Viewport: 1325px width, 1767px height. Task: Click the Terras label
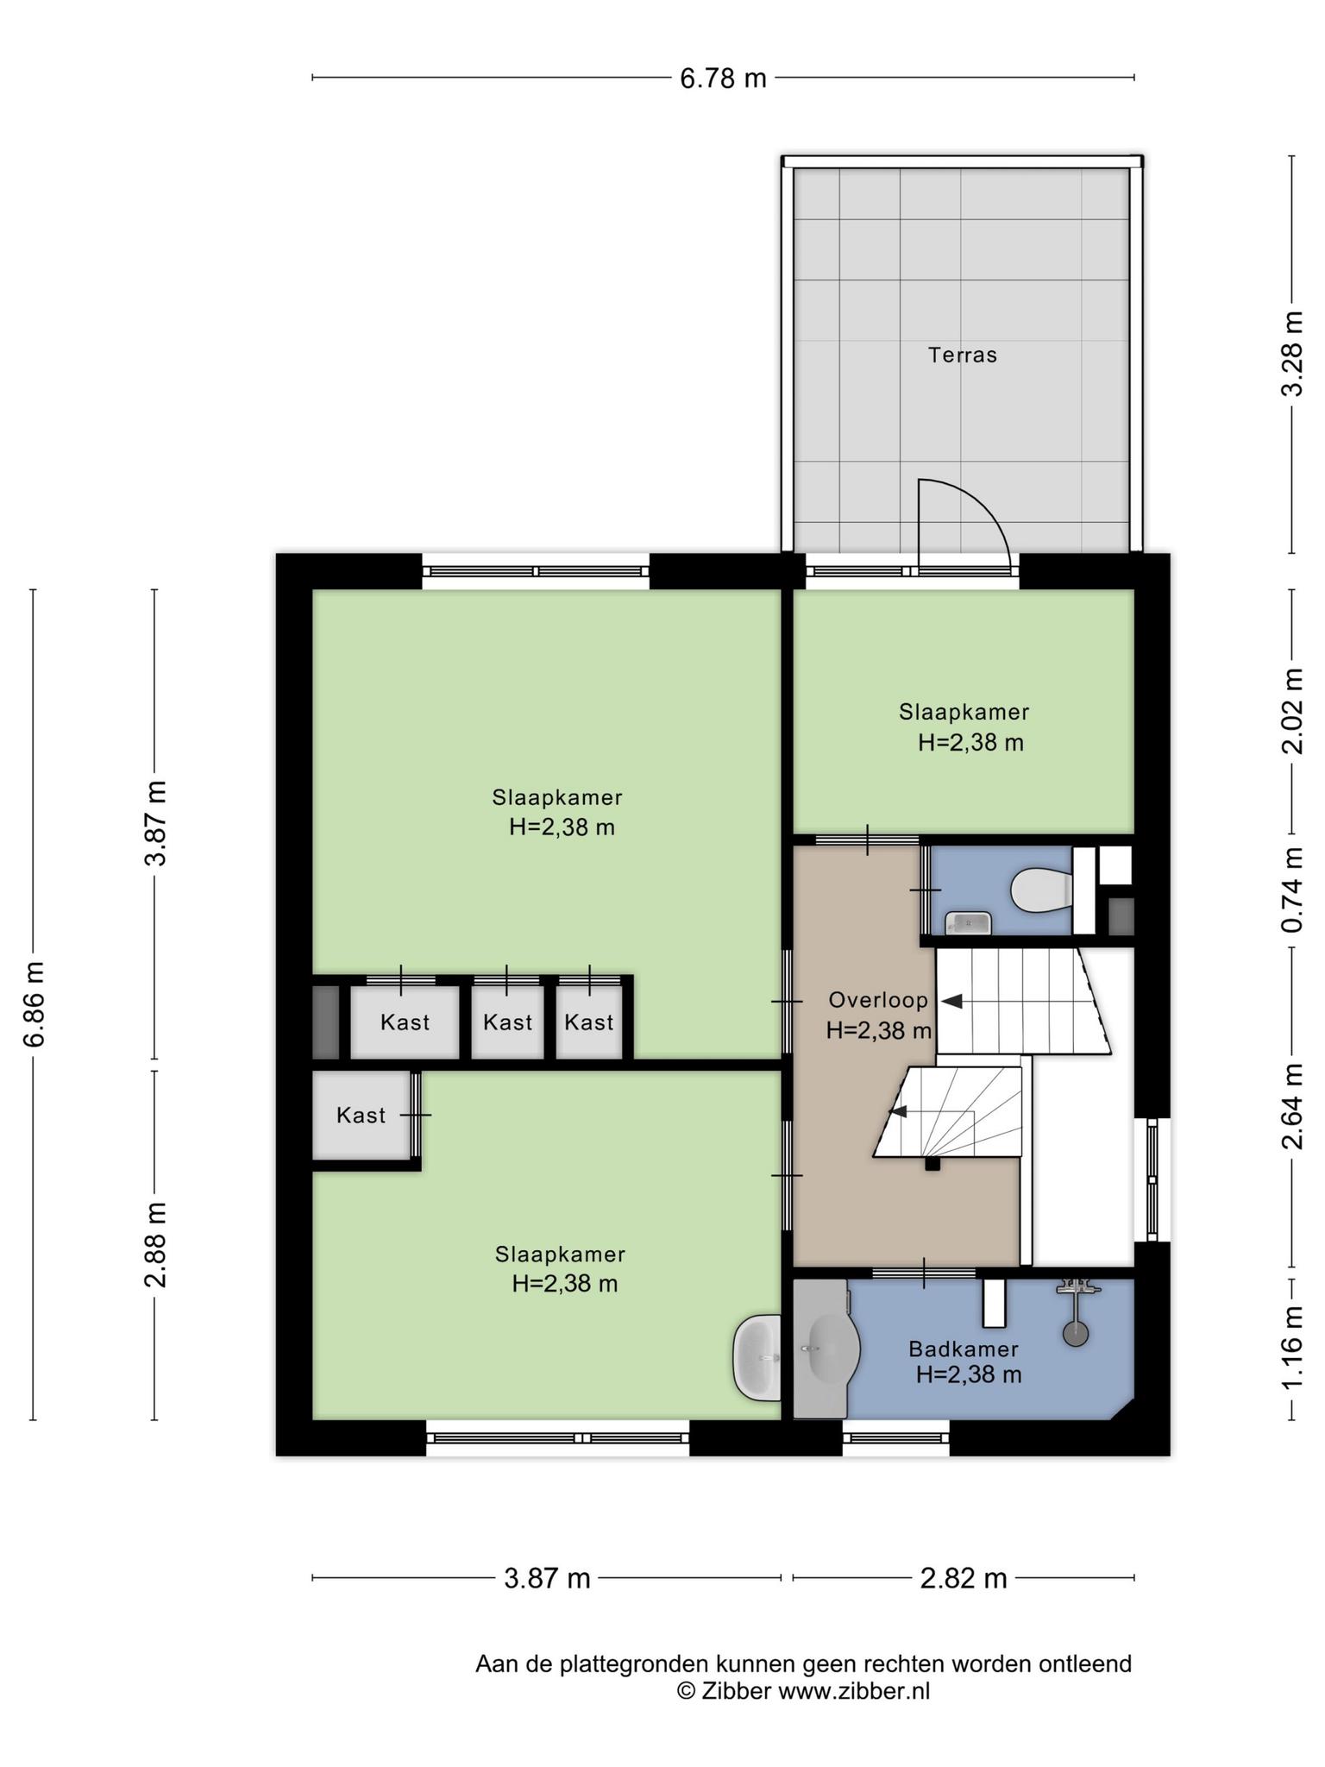(962, 355)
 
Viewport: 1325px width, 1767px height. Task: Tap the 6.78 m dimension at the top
(723, 79)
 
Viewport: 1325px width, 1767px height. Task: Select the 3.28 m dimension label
(1291, 355)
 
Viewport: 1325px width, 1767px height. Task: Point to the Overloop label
(878, 1000)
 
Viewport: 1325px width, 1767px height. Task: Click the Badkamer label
(964, 1349)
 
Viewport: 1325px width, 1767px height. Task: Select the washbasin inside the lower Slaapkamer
(757, 1357)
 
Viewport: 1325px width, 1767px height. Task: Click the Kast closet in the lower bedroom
(361, 1115)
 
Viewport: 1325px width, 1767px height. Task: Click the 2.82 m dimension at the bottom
(964, 1578)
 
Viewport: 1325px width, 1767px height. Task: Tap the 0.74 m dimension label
(1291, 890)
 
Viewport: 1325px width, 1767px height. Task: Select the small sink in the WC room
(968, 923)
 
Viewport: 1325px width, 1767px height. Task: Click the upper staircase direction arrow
(951, 1001)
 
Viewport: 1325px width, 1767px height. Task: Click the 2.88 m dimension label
(155, 1243)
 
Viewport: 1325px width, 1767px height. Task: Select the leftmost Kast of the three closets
(405, 1022)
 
